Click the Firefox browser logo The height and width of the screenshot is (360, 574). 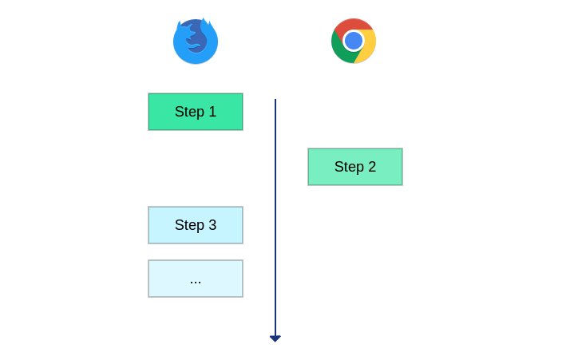tap(196, 41)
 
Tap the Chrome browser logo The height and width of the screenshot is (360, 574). tap(354, 41)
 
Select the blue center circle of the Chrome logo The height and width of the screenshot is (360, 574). tap(354, 41)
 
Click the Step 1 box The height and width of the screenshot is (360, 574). tap(196, 112)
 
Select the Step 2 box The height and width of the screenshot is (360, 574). tap(355, 167)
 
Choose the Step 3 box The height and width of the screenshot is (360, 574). tap(196, 225)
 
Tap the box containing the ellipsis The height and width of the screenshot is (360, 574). tap(196, 279)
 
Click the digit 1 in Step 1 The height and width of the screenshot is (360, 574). tap(212, 112)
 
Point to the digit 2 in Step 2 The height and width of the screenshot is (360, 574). tap(372, 167)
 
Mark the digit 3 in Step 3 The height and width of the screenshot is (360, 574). tap(212, 225)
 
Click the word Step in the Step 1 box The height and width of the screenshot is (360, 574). tap(190, 113)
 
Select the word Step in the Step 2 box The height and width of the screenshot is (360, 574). tap(349, 167)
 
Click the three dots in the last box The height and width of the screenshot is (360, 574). tap(196, 283)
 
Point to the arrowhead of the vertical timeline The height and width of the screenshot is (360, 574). tap(275, 338)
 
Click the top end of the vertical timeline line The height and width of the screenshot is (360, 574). tap(275, 99)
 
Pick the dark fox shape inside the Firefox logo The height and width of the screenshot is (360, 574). tap(196, 37)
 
